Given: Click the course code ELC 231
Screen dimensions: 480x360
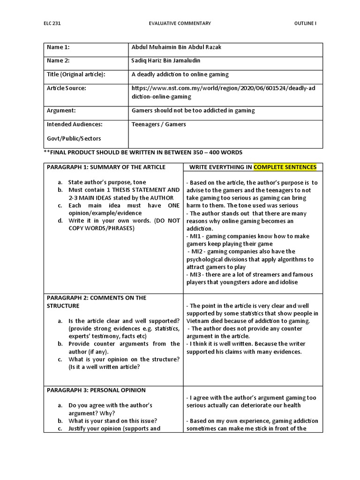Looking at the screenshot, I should point(53,23).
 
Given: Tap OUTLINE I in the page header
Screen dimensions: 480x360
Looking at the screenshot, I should point(305,23).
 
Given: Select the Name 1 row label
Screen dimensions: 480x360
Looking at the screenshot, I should point(58,47).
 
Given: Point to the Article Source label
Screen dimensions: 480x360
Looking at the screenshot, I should point(66,88).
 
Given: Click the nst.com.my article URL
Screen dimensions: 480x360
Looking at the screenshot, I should point(221,92).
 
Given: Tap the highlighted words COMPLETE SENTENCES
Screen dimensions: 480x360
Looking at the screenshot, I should point(285,167).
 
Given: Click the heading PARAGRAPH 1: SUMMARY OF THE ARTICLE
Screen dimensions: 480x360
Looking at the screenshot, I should point(105,167).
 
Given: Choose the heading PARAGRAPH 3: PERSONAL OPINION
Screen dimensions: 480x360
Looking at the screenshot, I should point(96,390).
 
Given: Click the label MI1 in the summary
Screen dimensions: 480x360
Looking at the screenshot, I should point(195,236).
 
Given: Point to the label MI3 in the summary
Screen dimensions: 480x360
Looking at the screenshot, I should point(195,274).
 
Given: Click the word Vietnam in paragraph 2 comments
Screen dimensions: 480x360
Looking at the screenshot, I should point(197,321).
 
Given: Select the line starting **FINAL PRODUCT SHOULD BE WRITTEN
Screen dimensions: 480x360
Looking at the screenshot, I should point(143,153).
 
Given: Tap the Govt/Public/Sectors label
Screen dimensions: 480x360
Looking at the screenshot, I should point(74,138).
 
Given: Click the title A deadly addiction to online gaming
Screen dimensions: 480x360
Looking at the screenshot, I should point(180,74).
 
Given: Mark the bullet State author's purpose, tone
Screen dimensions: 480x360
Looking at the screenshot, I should point(107,182).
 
